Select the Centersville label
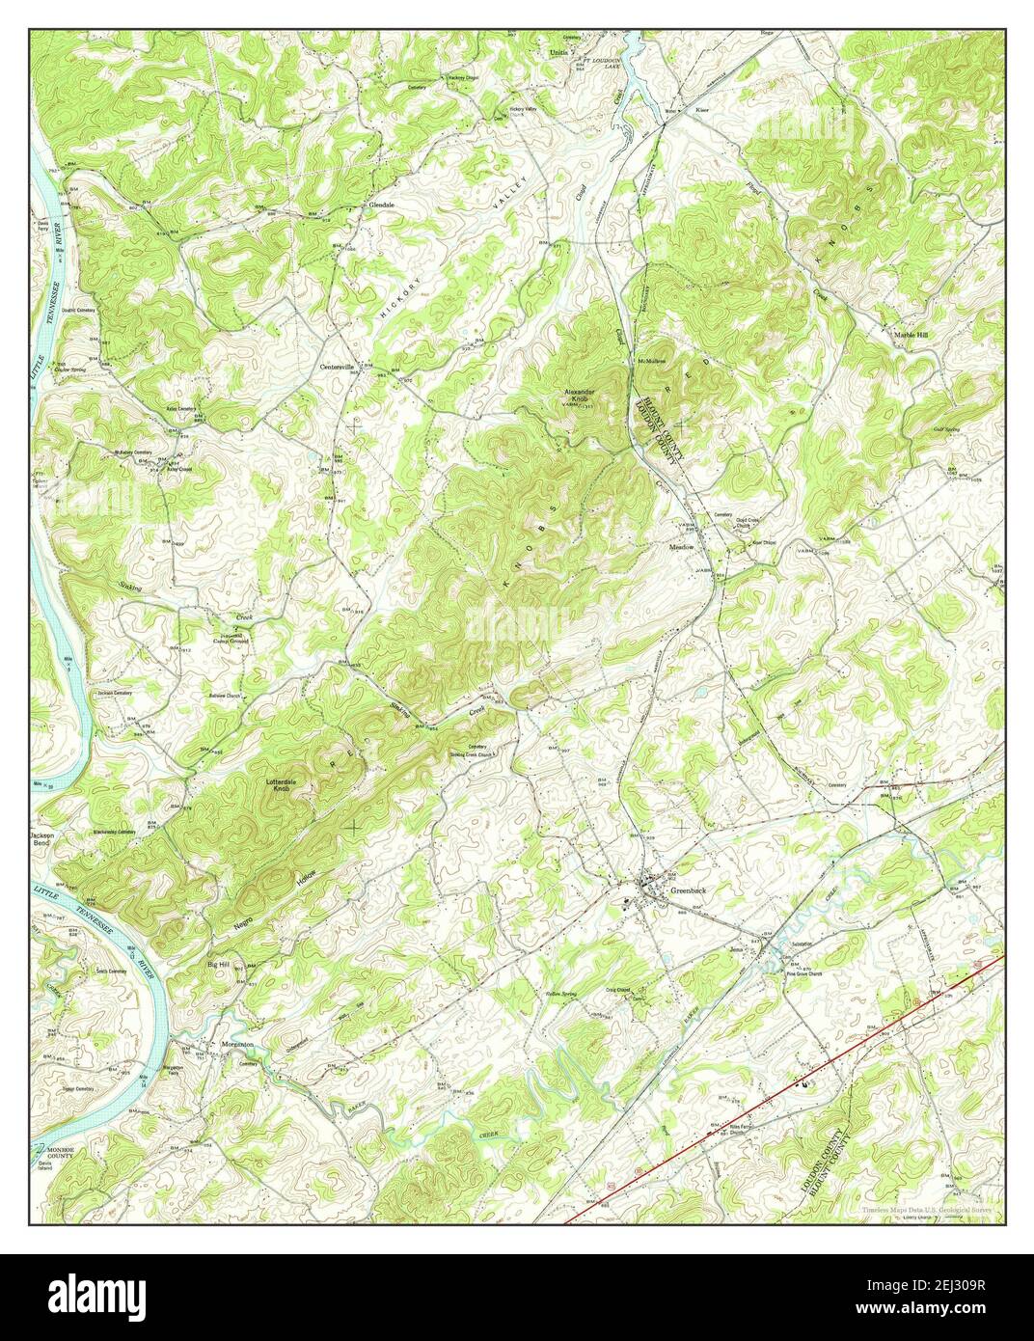pyautogui.click(x=339, y=367)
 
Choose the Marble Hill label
pyautogui.click(x=910, y=334)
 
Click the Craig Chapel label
pyautogui.click(x=631, y=989)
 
